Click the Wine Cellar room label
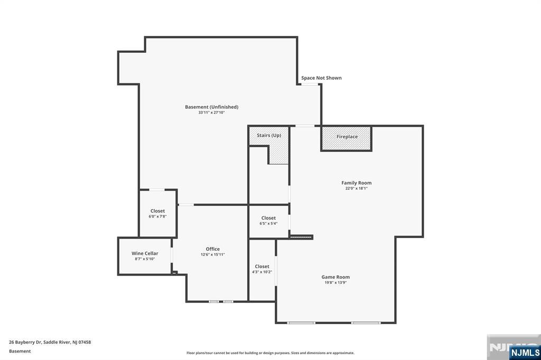tap(145, 253)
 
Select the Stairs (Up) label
tap(269, 135)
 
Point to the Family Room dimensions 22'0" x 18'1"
tap(356, 188)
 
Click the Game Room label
tap(335, 277)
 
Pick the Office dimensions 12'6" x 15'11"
tap(213, 255)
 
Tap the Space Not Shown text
tap(321, 78)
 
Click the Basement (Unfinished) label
tap(211, 107)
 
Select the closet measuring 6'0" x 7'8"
tap(157, 214)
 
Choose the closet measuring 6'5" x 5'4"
tap(268, 221)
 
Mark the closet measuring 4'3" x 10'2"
tap(262, 269)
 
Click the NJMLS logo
tap(525, 352)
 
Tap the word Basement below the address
tap(20, 351)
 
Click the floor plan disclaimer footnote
tap(270, 353)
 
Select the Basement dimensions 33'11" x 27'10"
tap(211, 112)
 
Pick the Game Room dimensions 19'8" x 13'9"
tap(335, 283)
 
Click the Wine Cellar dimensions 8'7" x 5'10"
tap(145, 259)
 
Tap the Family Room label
tap(356, 183)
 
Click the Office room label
tap(213, 249)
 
